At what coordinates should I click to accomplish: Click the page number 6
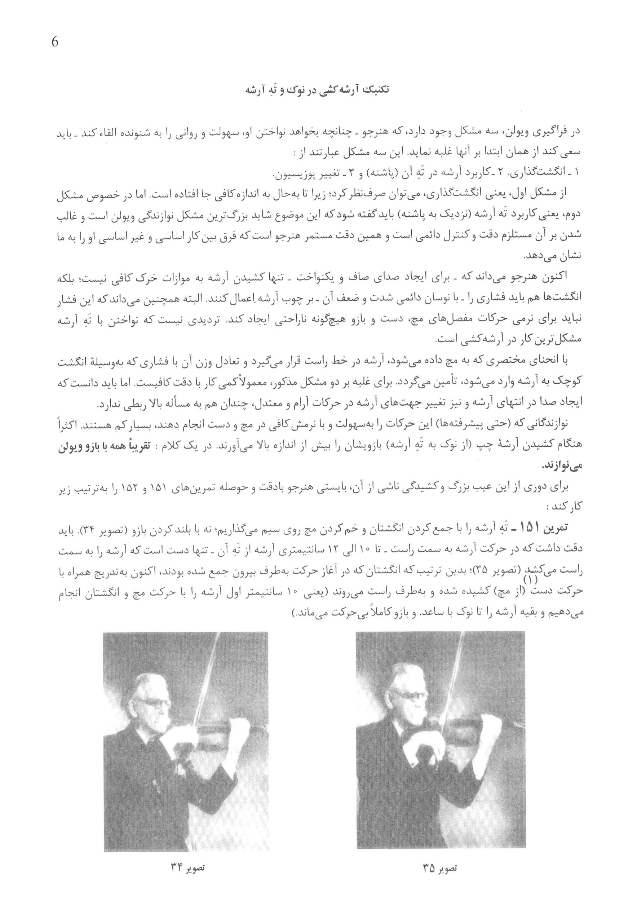coord(55,42)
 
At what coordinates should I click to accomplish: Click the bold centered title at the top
coord(318,90)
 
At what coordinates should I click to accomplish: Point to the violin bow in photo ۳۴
coord(200,686)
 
